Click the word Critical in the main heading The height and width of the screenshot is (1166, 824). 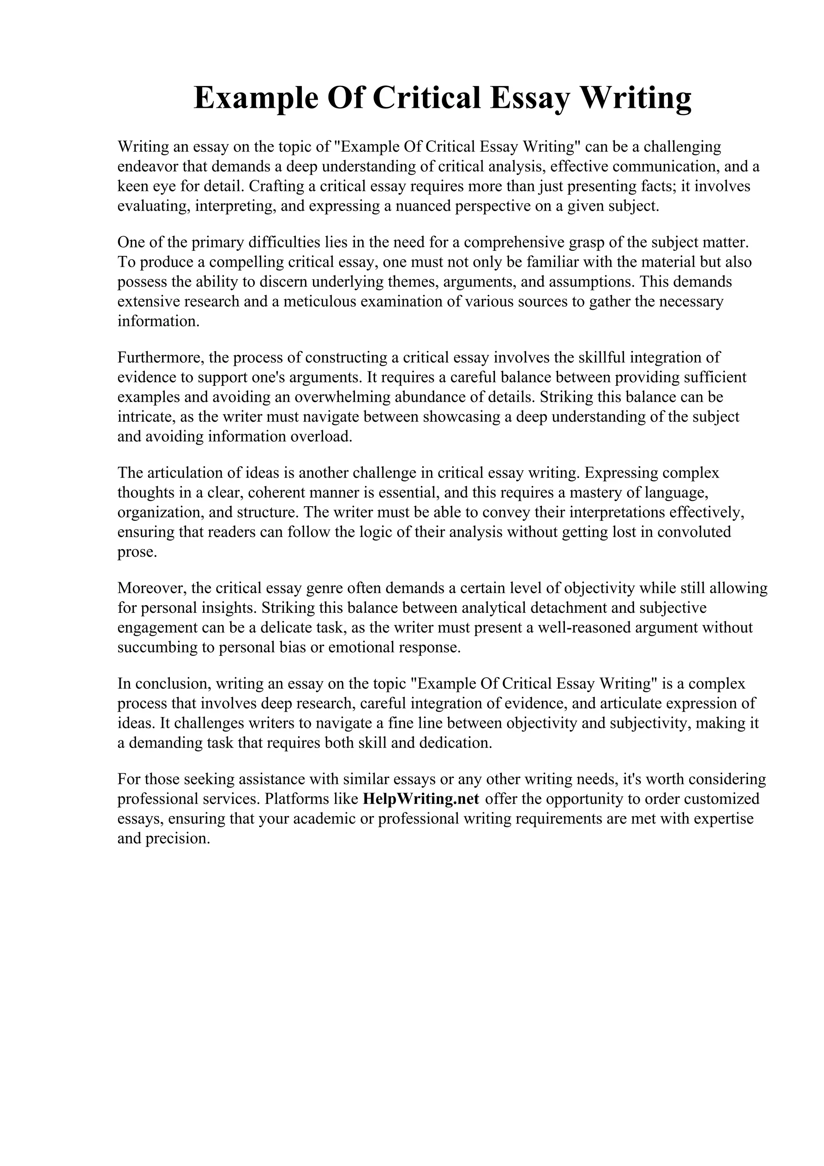click(426, 98)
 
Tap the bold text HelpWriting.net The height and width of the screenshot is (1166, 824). click(421, 799)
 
